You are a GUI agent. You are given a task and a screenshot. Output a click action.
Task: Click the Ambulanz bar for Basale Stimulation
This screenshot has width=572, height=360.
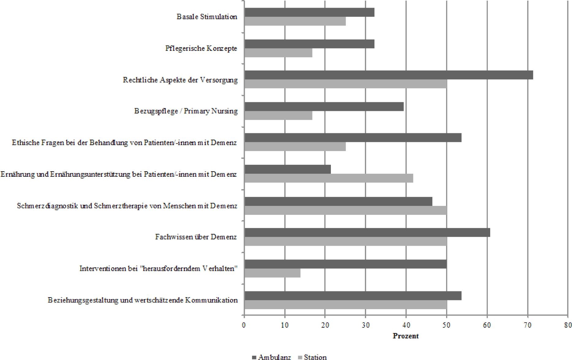(x=309, y=13)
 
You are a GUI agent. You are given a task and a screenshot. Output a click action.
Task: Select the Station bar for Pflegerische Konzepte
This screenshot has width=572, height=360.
(x=278, y=53)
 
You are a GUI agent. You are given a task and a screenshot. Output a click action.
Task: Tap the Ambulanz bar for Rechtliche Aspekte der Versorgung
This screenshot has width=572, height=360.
(x=388, y=75)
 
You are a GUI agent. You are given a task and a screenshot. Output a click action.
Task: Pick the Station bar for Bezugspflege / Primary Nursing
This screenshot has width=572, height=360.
(x=278, y=116)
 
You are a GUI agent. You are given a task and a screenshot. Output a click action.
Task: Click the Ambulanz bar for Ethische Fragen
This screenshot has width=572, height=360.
(x=353, y=138)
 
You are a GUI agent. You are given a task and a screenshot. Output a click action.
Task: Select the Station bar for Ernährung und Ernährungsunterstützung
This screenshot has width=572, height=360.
(x=329, y=178)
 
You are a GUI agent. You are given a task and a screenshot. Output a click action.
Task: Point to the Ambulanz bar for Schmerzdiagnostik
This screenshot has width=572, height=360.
(x=338, y=201)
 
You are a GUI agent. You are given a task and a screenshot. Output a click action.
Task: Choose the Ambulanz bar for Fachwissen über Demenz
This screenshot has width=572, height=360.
(x=367, y=233)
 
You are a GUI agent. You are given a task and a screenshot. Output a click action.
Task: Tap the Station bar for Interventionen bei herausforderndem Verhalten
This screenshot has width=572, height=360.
(x=272, y=273)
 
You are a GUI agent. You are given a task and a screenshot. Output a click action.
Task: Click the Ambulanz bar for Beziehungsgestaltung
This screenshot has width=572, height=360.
(x=353, y=296)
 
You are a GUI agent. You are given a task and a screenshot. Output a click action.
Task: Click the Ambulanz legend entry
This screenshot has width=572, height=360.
(x=271, y=357)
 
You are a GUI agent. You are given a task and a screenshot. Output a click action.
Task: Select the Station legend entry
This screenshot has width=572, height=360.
(x=312, y=357)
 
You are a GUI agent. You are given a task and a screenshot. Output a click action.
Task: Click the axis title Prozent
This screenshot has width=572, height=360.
(x=406, y=336)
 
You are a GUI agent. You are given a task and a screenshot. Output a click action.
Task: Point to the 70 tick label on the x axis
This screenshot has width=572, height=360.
(x=528, y=325)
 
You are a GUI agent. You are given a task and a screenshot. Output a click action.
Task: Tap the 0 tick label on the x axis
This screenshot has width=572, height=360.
(x=244, y=325)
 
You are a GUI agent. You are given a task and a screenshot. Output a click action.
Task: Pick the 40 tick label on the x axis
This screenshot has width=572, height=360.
(x=406, y=325)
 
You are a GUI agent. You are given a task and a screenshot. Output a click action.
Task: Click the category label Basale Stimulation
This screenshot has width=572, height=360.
(x=207, y=17)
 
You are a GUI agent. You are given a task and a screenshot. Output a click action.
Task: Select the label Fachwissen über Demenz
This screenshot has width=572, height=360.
(x=196, y=237)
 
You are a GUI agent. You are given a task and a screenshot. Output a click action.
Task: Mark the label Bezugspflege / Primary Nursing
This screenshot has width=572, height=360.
(x=186, y=111)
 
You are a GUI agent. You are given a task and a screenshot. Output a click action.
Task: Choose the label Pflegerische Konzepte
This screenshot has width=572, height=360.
(x=201, y=48)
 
